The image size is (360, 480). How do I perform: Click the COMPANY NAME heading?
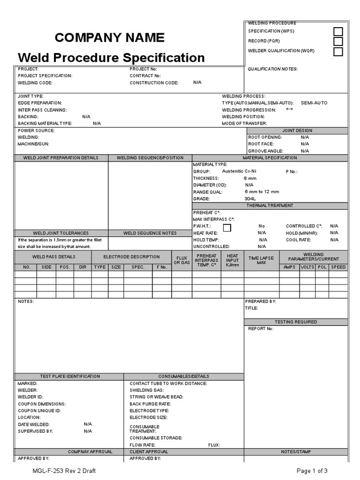[110, 37]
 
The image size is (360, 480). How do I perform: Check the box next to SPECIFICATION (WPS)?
[338, 31]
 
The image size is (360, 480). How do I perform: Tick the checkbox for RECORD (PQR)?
[338, 41]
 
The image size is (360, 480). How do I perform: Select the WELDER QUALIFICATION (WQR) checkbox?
[338, 52]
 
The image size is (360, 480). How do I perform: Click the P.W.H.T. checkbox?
[227, 228]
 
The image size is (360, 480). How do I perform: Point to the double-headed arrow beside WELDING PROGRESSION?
[289, 109]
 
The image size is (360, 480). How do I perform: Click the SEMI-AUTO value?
[314, 103]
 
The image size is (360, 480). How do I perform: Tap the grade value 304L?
[250, 199]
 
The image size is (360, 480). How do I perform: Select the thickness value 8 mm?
[250, 179]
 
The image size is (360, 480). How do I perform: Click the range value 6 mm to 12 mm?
[262, 192]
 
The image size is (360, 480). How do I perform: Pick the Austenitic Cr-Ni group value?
[239, 172]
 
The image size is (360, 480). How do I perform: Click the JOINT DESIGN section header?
[297, 130]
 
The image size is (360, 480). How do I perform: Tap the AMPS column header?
[290, 267]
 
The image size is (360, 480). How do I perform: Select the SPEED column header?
[338, 267]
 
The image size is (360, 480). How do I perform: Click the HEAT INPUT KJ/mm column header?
[232, 260]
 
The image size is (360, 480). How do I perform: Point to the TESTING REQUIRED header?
[296, 322]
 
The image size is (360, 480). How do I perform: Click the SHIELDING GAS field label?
[147, 390]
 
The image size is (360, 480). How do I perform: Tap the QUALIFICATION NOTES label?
[272, 69]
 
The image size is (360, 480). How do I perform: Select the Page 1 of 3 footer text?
[312, 471]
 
